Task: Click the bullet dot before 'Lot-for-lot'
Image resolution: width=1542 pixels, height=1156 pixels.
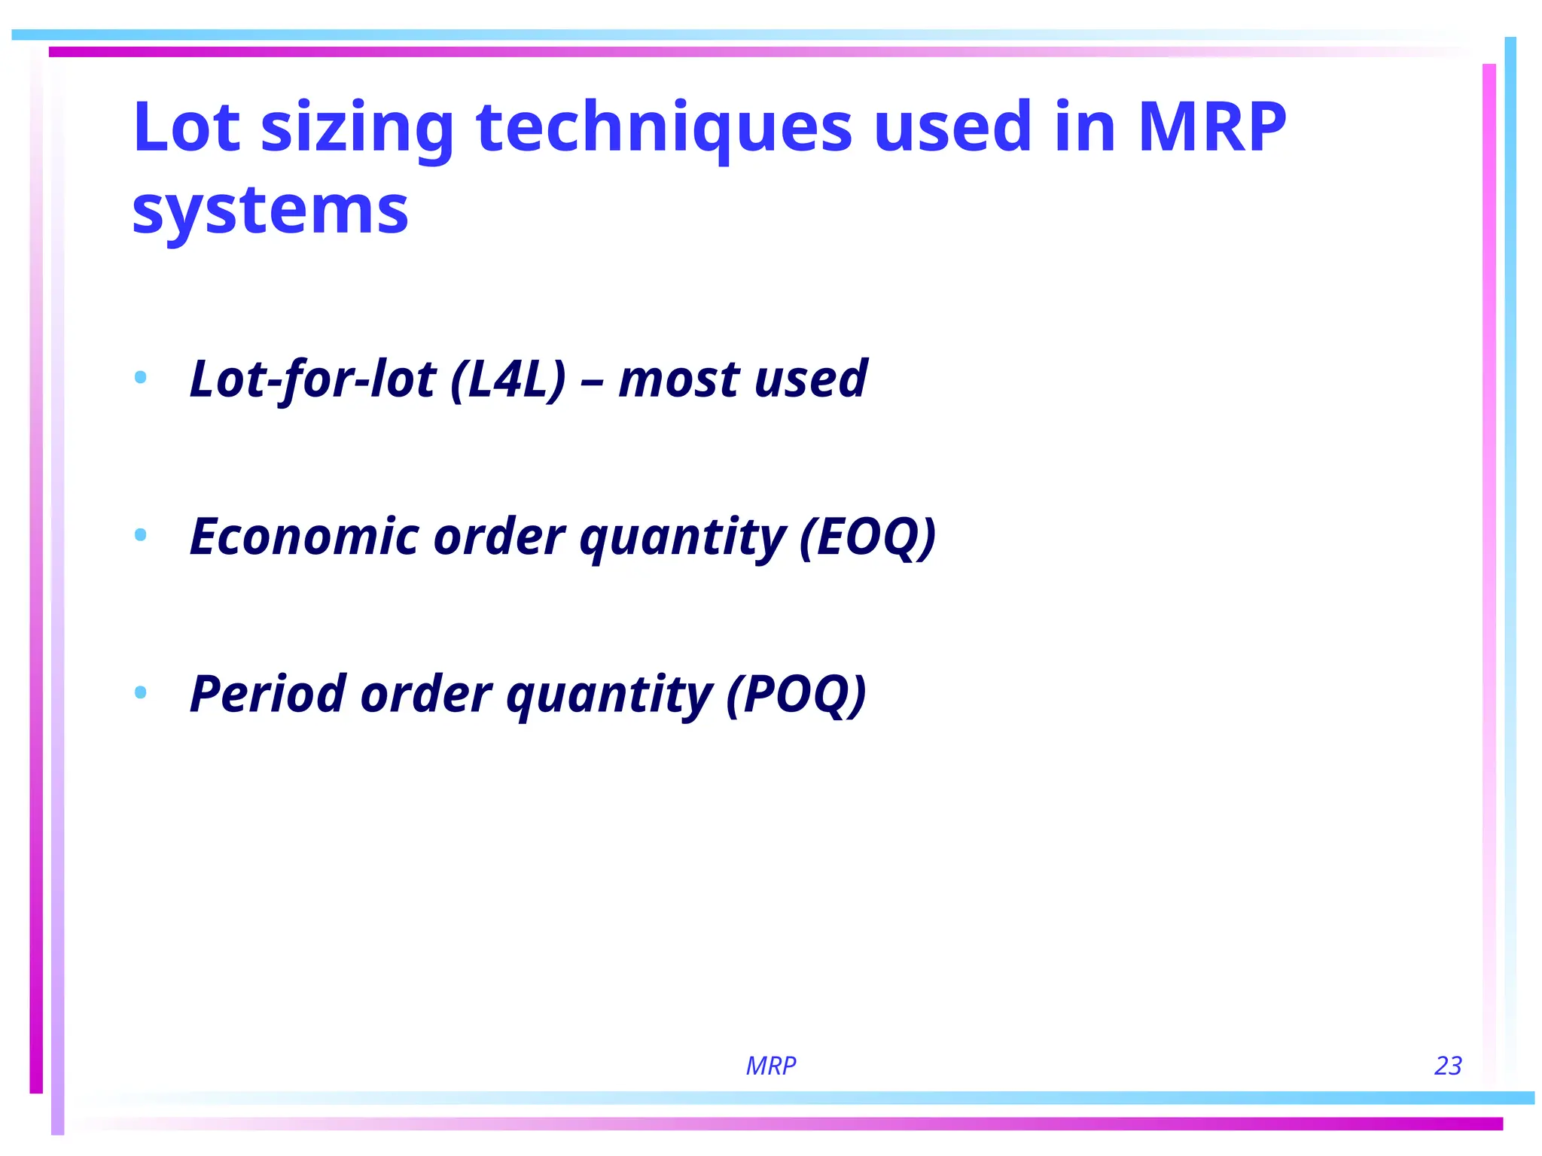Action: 140,377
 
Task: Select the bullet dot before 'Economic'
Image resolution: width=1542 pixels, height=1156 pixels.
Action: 140,535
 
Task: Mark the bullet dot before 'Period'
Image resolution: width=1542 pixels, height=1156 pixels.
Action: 140,692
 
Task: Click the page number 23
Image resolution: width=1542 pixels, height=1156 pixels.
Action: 1448,1066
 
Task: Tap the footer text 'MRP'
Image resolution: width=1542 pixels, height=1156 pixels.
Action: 771,1066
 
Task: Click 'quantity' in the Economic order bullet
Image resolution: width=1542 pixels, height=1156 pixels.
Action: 683,538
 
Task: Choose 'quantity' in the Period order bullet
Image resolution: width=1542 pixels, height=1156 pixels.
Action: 610,695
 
